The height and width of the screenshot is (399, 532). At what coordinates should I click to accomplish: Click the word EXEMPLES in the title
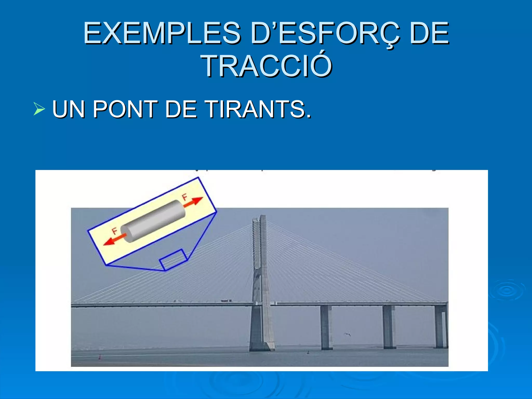tap(162, 33)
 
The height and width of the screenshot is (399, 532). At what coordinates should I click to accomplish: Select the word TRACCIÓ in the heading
tap(267, 66)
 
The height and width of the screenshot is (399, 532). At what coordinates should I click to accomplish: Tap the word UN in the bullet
tap(69, 109)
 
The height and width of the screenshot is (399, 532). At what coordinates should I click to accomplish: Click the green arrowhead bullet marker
tap(39, 109)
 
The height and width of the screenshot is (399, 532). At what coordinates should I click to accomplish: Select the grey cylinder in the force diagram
tap(153, 221)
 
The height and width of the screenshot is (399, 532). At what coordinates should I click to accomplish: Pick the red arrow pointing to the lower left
tap(114, 240)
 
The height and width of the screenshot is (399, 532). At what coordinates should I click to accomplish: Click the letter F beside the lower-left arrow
tap(115, 231)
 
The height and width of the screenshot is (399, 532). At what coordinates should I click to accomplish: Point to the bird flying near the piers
tap(347, 334)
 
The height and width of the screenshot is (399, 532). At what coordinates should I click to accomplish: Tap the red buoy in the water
tap(99, 357)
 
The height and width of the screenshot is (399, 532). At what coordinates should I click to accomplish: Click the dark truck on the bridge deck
tap(226, 301)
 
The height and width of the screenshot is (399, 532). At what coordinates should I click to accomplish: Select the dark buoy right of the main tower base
tap(308, 352)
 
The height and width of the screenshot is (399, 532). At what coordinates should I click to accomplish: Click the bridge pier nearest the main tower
tap(326, 327)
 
